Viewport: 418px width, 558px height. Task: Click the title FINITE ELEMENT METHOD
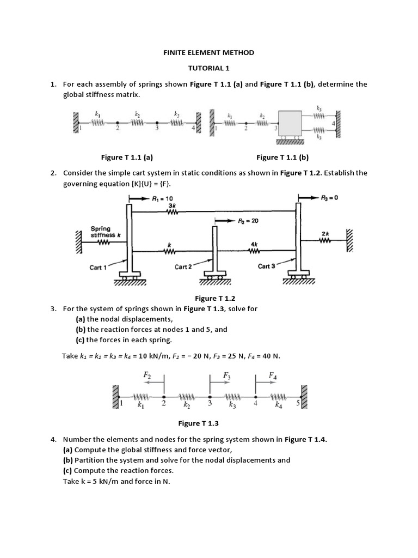[209, 53]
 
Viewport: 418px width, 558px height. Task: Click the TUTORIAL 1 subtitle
[209, 69]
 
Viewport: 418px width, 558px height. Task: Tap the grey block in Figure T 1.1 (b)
[294, 125]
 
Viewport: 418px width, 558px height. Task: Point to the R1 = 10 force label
[162, 199]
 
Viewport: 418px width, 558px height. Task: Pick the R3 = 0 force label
[330, 198]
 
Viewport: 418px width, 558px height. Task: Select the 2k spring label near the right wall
[325, 233]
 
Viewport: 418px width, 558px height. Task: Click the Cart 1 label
[98, 268]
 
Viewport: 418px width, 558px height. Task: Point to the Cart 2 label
[183, 267]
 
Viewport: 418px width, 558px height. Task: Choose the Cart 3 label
[267, 266]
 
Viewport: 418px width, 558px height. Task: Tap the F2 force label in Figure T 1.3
[147, 375]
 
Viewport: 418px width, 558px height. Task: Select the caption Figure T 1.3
[198, 423]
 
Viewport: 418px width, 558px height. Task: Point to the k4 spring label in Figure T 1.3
[278, 405]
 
